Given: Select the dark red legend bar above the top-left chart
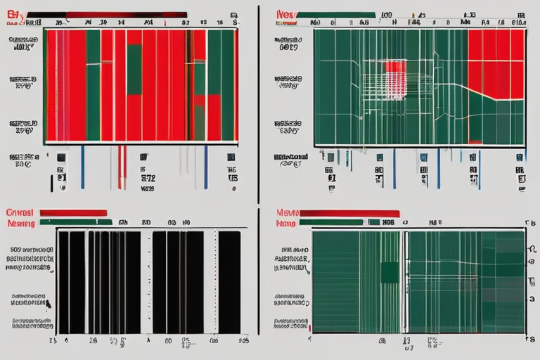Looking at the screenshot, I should click(127, 14).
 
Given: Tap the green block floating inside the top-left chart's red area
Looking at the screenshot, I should click(134, 69).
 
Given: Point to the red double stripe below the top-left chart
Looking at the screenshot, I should click(122, 167).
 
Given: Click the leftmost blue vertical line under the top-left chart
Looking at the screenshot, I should click(82, 167).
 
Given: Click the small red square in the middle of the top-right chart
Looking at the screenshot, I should click(394, 69).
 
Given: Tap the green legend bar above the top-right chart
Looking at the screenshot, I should click(335, 14).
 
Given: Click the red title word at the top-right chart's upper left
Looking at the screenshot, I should click(285, 13).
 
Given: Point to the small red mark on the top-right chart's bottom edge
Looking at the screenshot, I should click(475, 143).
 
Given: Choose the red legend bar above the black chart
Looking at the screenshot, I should click(73, 212).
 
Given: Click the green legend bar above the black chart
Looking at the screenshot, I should click(76, 222).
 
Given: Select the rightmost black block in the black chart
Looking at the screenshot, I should click(229, 281).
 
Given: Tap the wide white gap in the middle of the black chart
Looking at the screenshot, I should click(147, 281).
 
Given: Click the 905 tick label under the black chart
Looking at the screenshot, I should click(243, 340).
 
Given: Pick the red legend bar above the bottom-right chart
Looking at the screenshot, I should click(349, 213).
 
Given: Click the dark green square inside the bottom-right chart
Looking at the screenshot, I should click(390, 272).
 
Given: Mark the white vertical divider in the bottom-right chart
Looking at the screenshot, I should click(404, 281).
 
